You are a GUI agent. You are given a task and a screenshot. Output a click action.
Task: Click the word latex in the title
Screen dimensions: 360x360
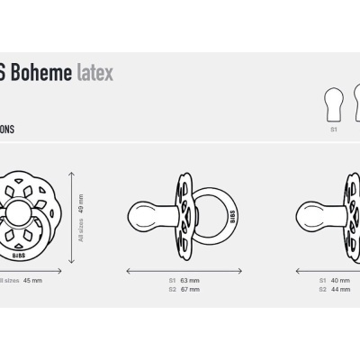94,73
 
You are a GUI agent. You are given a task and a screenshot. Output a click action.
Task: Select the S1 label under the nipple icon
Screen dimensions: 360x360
332,130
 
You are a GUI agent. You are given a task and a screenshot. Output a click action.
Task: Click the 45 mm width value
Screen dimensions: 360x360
32,281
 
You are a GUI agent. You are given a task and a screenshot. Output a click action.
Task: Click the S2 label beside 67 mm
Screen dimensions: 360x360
172,290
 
